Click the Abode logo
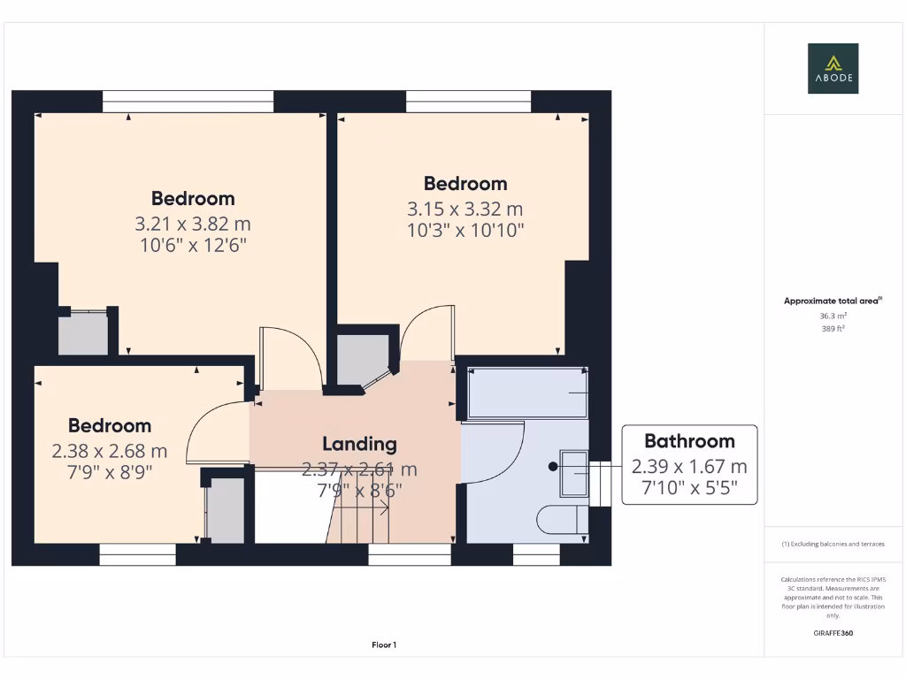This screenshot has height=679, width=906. [x=832, y=69]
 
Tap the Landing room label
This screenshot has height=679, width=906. [x=359, y=444]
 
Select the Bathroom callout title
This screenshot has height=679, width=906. [x=689, y=441]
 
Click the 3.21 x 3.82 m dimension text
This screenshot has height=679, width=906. [x=193, y=225]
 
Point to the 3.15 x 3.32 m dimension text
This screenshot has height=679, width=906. [x=465, y=210]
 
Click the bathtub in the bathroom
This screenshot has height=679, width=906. [x=527, y=393]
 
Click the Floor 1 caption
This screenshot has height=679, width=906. [x=384, y=645]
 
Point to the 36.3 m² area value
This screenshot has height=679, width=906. [x=833, y=316]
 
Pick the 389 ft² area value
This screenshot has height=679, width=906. [x=833, y=328]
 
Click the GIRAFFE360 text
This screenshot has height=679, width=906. [x=833, y=633]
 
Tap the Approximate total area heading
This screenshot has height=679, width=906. [x=831, y=301]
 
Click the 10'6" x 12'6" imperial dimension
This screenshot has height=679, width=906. [x=193, y=245]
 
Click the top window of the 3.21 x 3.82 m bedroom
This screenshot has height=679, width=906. [x=188, y=101]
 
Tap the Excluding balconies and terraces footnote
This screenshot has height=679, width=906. [x=833, y=544]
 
